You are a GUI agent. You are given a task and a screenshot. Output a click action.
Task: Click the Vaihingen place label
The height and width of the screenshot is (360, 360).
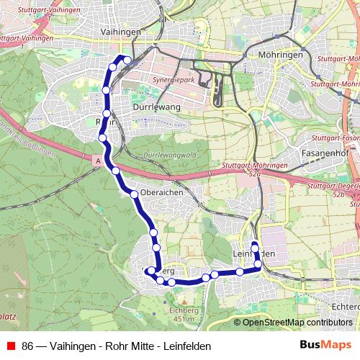tap(121, 33)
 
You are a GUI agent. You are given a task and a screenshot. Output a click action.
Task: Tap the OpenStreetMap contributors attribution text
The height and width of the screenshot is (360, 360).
tap(297, 323)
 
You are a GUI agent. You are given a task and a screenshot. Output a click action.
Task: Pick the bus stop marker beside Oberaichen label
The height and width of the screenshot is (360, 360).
tap(134, 194)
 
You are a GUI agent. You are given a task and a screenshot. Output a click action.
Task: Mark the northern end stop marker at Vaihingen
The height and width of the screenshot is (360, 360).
tap(127, 60)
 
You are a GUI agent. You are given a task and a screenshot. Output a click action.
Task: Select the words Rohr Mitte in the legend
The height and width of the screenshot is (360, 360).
tap(114, 346)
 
